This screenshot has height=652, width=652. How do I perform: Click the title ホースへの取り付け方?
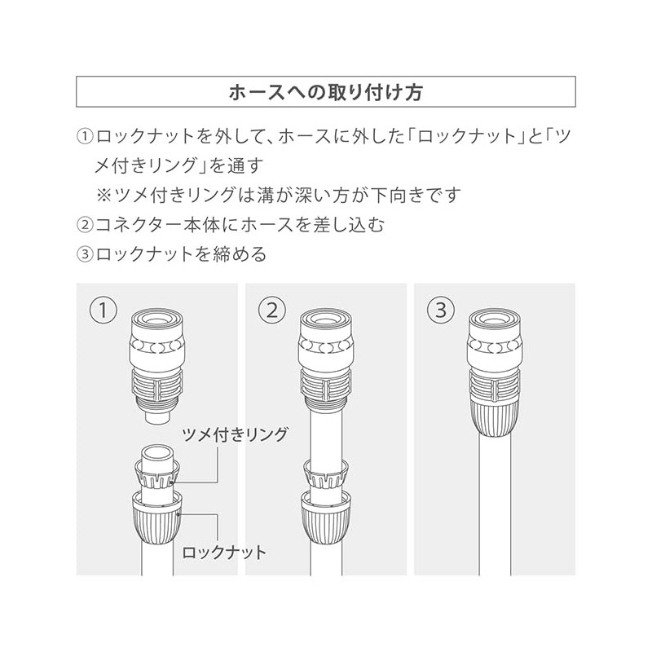(x=325, y=90)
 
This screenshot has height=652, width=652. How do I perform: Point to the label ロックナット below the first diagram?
(x=224, y=553)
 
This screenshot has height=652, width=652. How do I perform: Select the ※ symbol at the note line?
(x=106, y=196)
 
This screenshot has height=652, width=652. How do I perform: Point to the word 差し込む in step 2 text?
(x=350, y=224)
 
